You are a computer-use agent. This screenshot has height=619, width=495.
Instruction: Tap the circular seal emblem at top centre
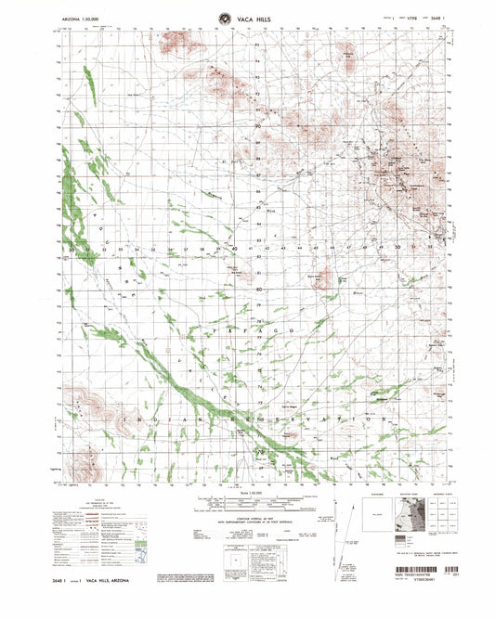(x=224, y=15)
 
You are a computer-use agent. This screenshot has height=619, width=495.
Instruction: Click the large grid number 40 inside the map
(x=237, y=249)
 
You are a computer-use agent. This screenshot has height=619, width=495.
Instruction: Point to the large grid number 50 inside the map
(x=397, y=248)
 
